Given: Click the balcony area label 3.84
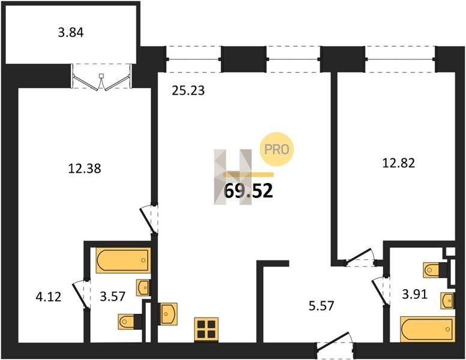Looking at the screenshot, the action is [71, 32].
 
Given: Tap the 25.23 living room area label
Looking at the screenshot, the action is [188, 91].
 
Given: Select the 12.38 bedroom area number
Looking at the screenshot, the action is [85, 169].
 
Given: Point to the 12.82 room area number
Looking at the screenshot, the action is [398, 163].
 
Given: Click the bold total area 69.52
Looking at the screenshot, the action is [248, 191].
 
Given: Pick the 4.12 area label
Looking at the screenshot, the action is [49, 296].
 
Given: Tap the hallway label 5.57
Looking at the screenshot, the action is [321, 305].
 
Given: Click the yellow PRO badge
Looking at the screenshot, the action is [276, 149].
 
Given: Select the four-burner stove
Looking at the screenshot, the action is [206, 329].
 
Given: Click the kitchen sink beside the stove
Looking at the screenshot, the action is [169, 314].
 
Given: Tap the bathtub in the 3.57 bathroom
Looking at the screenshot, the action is [123, 260].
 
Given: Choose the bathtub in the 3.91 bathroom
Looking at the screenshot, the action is [428, 329].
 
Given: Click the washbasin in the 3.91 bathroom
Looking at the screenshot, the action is [447, 300].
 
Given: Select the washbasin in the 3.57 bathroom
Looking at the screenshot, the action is [143, 287].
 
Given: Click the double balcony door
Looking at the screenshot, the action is [101, 76].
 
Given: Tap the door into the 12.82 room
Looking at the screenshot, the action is [360, 257].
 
